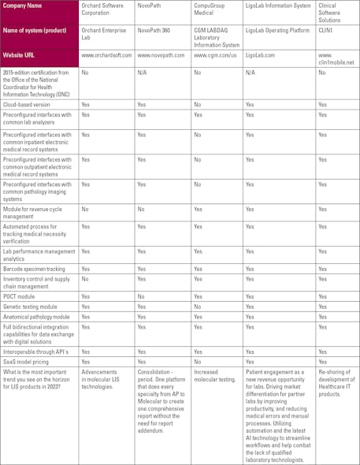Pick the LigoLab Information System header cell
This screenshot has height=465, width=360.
coord(278,6)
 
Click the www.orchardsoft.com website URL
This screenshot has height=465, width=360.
coord(107,56)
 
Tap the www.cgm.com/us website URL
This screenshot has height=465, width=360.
coord(215,56)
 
